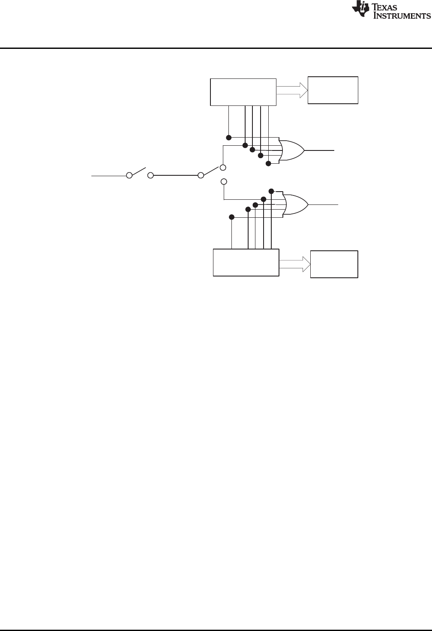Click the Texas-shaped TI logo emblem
(360, 10)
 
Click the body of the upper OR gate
(292, 150)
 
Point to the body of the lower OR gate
(295, 205)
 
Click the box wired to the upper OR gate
(243, 92)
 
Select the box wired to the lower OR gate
(246, 262)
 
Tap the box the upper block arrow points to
(333, 90)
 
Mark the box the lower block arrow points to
(334, 264)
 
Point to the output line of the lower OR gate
(324, 205)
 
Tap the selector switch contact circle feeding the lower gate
(223, 181)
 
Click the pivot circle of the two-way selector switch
(201, 175)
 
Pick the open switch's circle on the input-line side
(129, 175)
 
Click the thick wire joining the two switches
(175, 175)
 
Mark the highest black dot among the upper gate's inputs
(229, 138)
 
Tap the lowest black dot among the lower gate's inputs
(232, 217)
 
